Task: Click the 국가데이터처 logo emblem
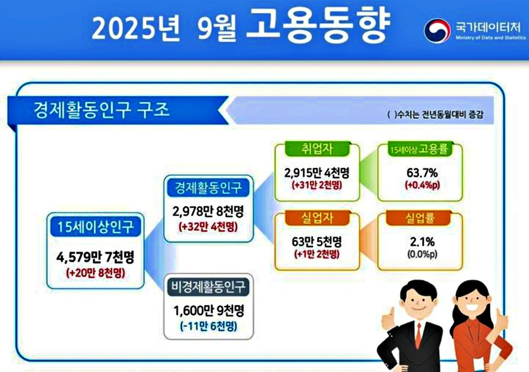[437, 30]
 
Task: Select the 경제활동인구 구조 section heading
[101, 110]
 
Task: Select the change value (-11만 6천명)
[209, 326]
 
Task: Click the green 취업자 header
[316, 149]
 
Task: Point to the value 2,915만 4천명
[317, 172]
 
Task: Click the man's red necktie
[418, 335]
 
